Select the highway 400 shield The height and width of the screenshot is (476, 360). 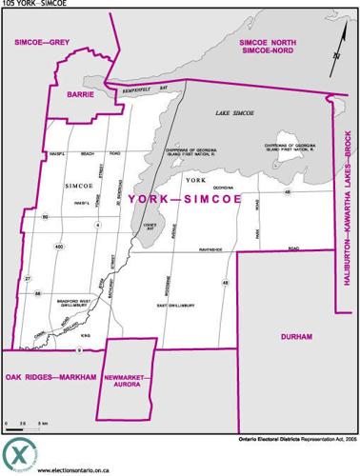(x=59, y=248)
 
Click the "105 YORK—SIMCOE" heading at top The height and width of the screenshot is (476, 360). (x=31, y=4)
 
